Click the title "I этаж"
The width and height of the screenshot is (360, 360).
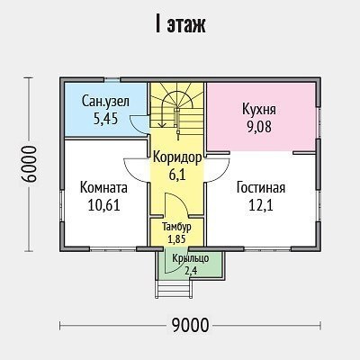[x=180, y=24]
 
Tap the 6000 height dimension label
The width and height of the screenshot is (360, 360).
[x=30, y=164]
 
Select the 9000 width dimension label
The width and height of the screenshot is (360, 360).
[x=190, y=325]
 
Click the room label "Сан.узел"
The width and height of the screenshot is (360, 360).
[x=105, y=102]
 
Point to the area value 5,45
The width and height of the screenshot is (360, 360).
[x=105, y=119]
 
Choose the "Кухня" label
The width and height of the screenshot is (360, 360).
[x=259, y=110]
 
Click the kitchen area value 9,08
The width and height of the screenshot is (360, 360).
[x=259, y=127]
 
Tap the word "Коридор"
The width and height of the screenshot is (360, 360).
[x=177, y=157]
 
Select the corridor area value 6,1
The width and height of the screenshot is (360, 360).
[x=177, y=175]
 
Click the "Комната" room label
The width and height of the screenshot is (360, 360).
[x=103, y=188]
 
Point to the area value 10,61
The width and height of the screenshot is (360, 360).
[x=103, y=205]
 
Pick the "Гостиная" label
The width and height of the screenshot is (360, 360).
[x=261, y=188]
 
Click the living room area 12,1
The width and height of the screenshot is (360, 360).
[x=261, y=205]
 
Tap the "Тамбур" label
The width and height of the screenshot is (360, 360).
[x=176, y=227]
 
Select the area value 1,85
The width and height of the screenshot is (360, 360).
[x=176, y=239]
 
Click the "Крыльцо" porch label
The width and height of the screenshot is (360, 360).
[x=191, y=258]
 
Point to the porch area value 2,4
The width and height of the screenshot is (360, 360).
[x=191, y=271]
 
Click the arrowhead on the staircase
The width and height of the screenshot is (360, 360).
[x=163, y=124]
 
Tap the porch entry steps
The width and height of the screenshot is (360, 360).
[x=174, y=289]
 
